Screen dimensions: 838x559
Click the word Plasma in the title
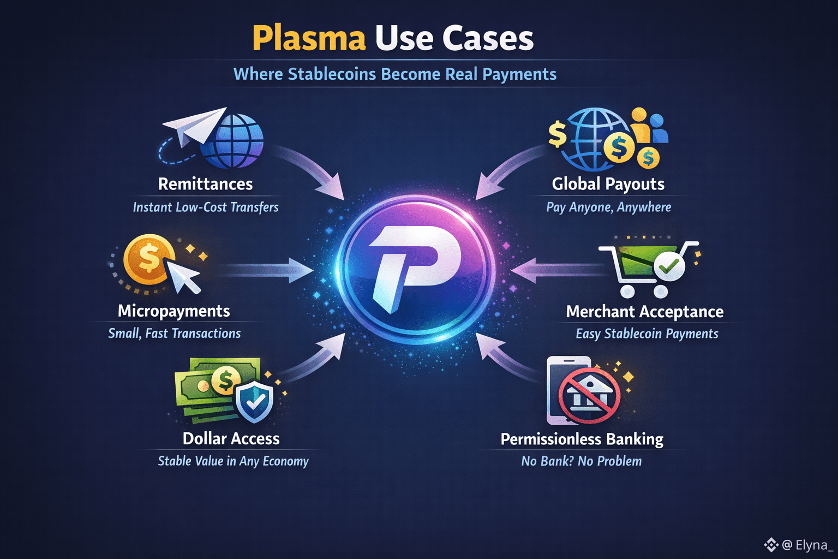coord(308,38)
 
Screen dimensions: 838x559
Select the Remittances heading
coord(205,184)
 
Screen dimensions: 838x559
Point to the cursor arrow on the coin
coord(183,276)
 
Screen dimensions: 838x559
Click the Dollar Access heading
coord(231,438)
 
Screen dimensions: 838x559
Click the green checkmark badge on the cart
coord(668,266)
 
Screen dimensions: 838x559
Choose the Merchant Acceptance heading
coord(644,311)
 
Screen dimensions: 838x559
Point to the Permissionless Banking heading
coord(582,439)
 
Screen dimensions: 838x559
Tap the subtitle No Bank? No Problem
coord(581,461)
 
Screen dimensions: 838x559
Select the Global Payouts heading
coord(608,184)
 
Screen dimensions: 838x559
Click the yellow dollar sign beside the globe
coord(558,134)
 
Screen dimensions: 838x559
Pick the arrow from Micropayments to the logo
coord(265,270)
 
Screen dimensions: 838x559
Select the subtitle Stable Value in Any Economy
coord(233,461)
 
